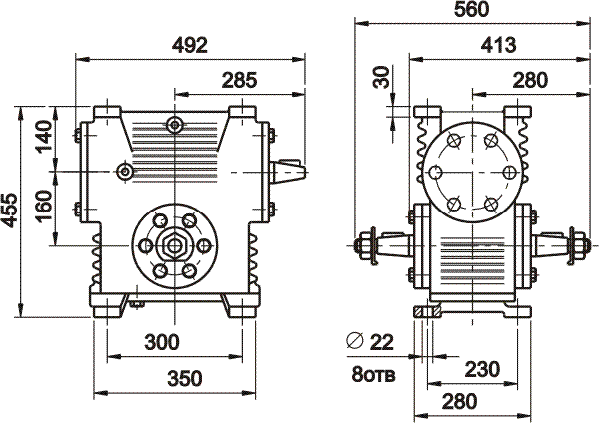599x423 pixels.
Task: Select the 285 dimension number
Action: click(239, 79)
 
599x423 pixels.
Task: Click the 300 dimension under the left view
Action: click(161, 342)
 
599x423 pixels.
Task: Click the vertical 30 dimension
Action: click(380, 78)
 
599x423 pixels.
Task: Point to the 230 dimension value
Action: click(482, 368)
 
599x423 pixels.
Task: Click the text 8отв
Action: click(370, 375)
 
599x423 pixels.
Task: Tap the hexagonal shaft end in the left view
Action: click(175, 244)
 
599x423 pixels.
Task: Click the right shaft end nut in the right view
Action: click(576, 242)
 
